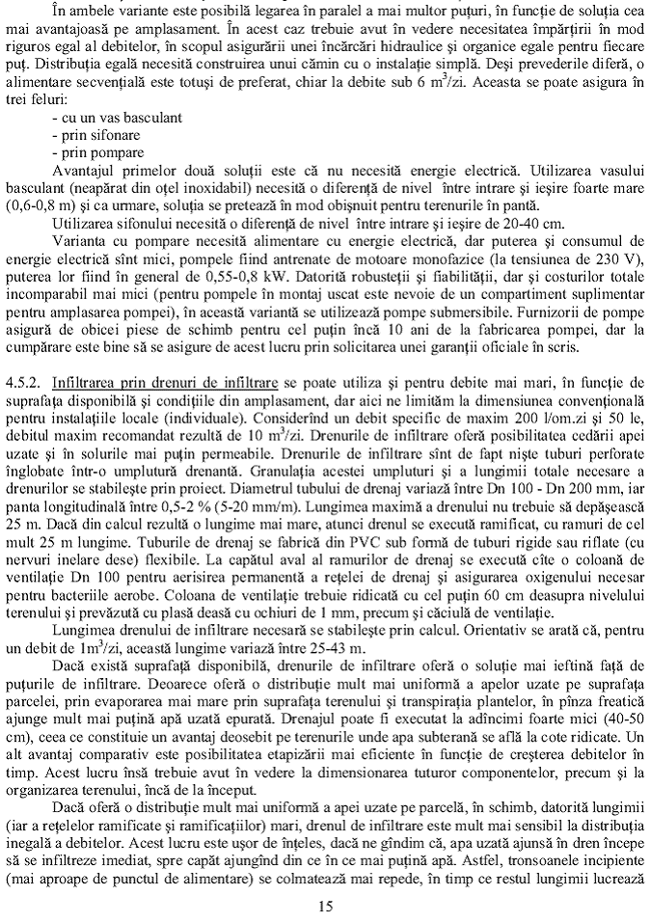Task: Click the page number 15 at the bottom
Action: (x=325, y=905)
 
